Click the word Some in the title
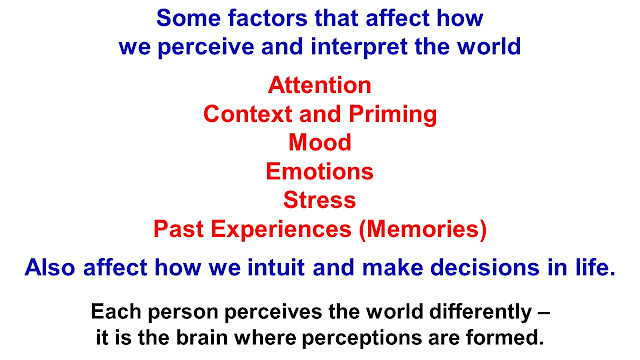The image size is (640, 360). (189, 18)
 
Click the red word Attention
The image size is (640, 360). (320, 85)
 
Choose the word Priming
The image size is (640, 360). (393, 115)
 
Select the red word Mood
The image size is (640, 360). (320, 142)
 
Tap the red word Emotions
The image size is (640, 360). (320, 171)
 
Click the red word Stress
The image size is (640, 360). (320, 200)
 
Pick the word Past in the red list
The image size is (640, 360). (179, 229)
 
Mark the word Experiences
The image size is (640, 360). (281, 229)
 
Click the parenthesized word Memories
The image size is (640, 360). (423, 229)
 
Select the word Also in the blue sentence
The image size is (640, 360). (50, 268)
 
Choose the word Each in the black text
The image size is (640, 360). (116, 312)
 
